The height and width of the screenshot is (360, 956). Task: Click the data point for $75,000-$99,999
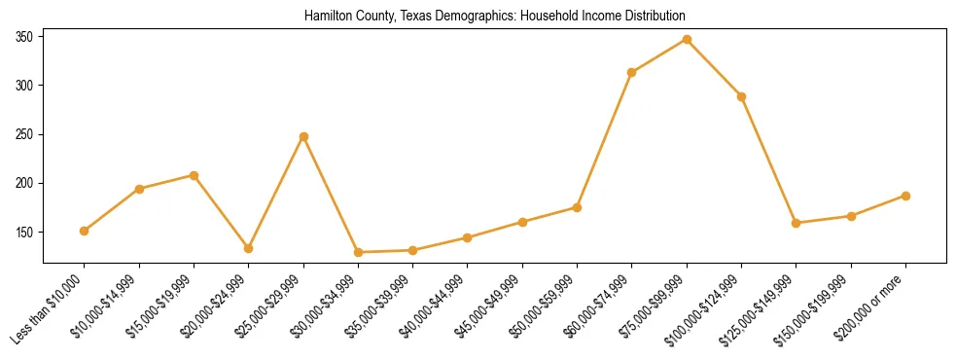coord(687,40)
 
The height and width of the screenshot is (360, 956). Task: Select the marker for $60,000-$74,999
coord(632,72)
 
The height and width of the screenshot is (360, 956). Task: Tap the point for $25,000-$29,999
coord(303,136)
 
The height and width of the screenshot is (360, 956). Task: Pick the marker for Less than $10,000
coord(85,231)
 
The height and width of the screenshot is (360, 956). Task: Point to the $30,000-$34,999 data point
coord(358,252)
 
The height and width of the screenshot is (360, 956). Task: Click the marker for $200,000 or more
coord(905,196)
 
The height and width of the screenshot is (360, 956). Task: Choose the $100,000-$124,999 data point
coord(741,96)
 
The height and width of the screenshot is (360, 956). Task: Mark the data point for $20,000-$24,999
coord(249,248)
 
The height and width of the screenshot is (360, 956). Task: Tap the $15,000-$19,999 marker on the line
coord(194,175)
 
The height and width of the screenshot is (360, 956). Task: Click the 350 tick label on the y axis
coord(25,37)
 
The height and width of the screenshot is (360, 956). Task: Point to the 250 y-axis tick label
coord(25,134)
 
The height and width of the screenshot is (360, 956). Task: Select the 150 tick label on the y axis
coord(25,233)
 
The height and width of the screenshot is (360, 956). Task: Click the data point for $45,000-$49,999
coord(522,222)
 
